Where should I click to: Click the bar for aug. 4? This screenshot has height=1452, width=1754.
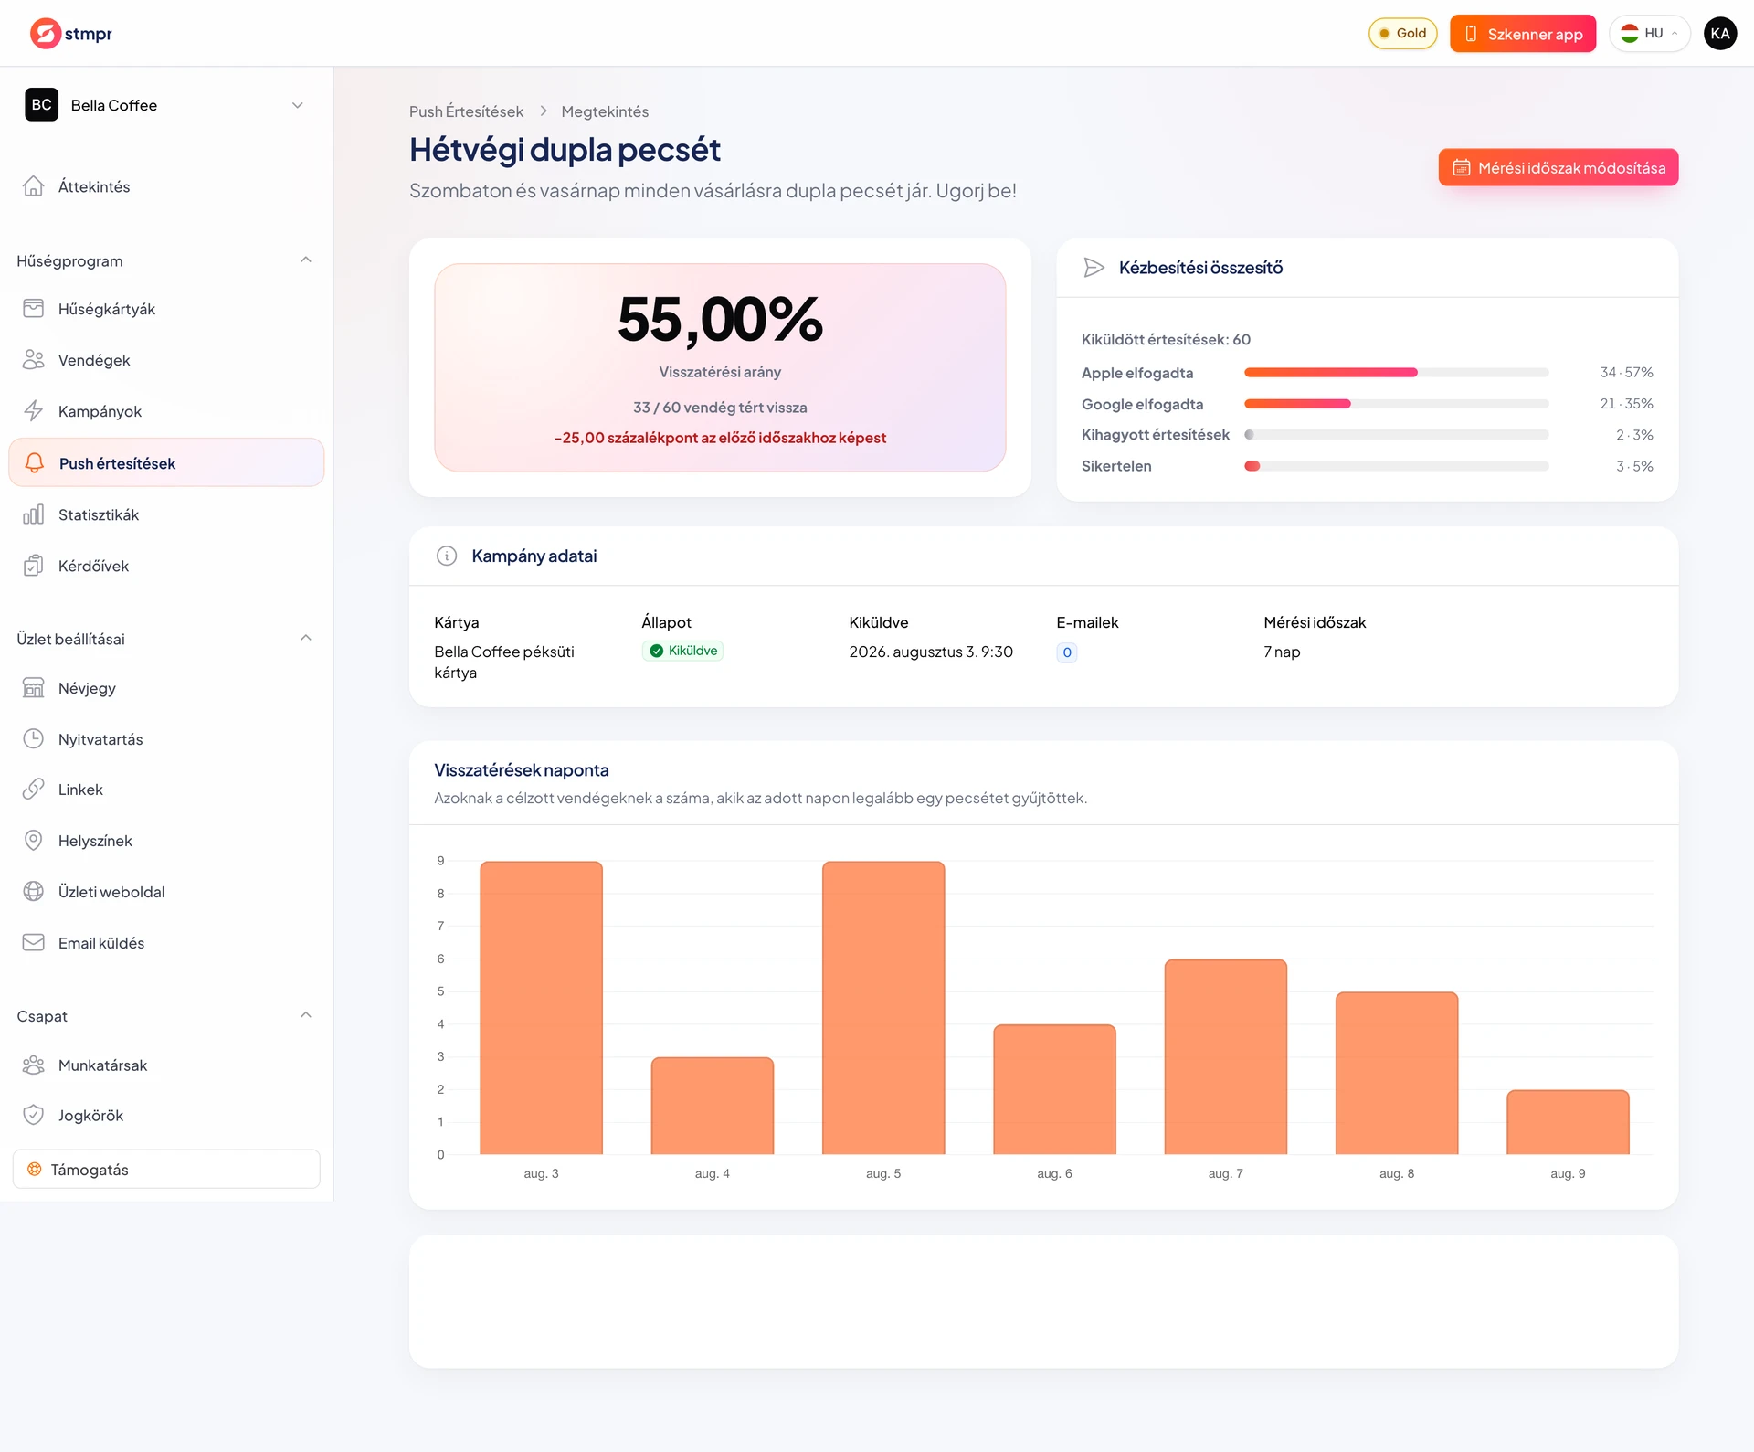coord(713,1106)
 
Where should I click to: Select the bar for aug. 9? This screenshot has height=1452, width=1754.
coord(1568,1122)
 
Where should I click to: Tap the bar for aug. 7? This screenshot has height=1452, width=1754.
coord(1226,1056)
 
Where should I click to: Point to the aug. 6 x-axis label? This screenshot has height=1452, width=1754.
coord(1054,1173)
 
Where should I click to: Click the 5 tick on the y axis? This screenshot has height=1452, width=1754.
coord(440,991)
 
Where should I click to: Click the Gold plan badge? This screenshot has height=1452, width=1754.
coord(1403,34)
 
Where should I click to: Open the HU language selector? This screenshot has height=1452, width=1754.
coord(1650,34)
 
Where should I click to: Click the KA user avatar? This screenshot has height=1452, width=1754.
coord(1720,34)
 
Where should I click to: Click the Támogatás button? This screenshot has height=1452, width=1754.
coord(166,1169)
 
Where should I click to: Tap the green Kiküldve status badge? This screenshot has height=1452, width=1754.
coord(682,651)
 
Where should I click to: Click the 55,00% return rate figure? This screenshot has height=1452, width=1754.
coord(720,320)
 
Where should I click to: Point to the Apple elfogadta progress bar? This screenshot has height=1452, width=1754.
coord(1396,373)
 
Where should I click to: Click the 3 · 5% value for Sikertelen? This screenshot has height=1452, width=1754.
coord(1634,466)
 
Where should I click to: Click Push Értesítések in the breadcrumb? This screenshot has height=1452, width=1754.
coord(466,111)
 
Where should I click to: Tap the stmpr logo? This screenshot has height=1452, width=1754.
coord(70,34)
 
